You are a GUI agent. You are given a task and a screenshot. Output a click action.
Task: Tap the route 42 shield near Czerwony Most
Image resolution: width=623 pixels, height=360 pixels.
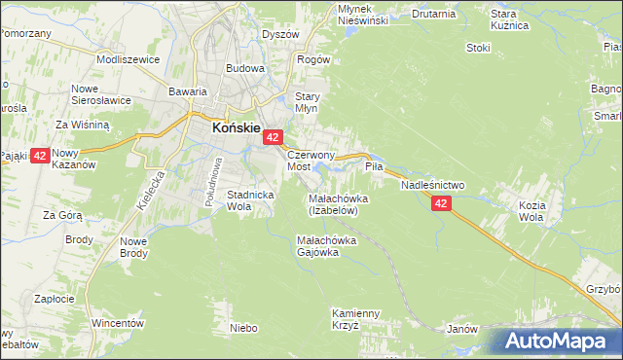point(274,139)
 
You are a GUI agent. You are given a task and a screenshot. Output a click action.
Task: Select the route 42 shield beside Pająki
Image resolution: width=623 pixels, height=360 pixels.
point(40,156)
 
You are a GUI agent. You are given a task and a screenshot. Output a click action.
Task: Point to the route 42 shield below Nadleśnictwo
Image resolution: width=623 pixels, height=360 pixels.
point(442,203)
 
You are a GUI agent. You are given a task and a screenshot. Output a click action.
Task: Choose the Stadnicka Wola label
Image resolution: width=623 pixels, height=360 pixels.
point(248,200)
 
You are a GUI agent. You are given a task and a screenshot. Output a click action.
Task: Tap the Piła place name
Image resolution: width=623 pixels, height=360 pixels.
point(375,167)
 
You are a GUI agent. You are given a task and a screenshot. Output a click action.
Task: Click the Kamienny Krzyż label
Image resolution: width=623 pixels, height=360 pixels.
point(353,319)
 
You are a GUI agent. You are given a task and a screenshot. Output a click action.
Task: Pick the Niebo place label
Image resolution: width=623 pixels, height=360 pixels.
point(243,328)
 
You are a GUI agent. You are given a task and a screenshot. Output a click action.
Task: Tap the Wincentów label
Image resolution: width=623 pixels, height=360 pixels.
point(118,322)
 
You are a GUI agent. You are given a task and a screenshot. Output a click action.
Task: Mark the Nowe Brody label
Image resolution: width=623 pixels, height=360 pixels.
point(134,247)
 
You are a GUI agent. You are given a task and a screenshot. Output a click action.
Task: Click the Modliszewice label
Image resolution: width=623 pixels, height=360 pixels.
point(128,58)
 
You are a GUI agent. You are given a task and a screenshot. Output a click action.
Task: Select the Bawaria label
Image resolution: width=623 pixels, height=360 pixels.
point(188,91)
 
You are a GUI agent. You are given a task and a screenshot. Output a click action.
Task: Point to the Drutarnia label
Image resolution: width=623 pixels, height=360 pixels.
point(433,15)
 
